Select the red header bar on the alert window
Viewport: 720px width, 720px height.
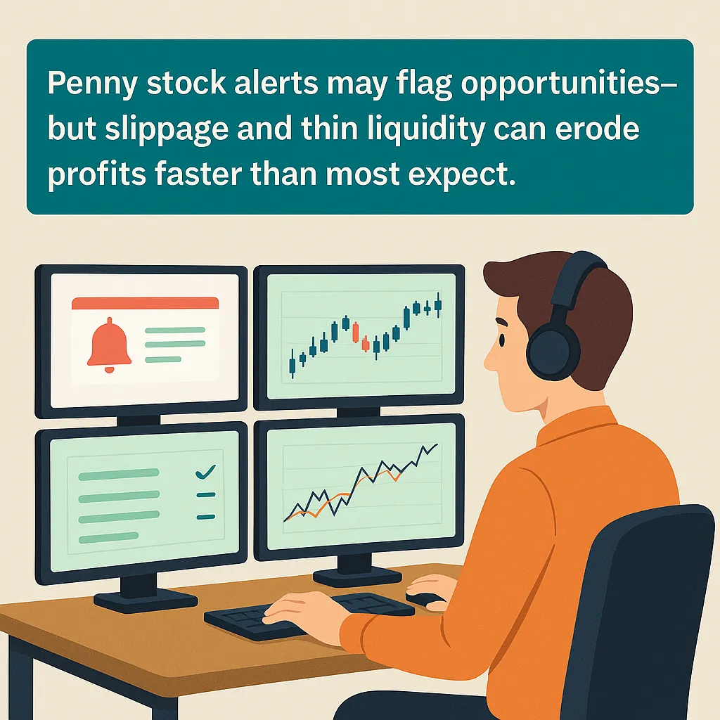click(145, 303)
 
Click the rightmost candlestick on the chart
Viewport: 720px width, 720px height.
click(438, 304)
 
